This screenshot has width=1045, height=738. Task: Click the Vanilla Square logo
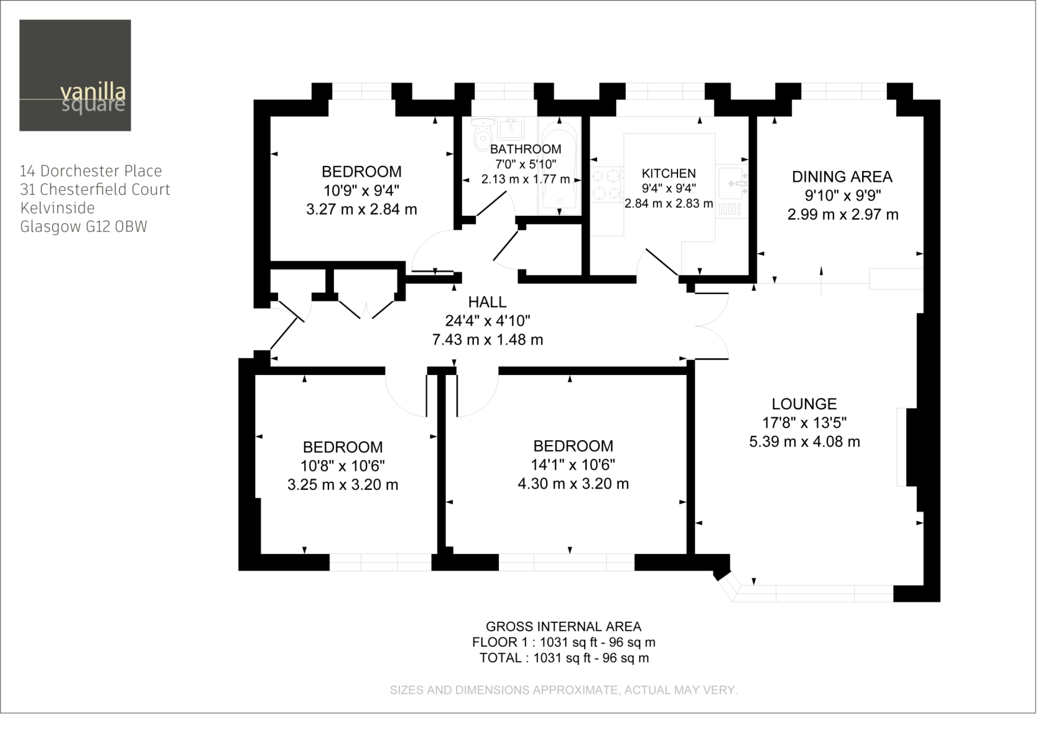tap(75, 75)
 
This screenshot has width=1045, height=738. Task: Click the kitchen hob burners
tap(606, 185)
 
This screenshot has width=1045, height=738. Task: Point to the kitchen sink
tap(731, 183)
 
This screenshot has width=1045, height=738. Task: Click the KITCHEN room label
tap(669, 173)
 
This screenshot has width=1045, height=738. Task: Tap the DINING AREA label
tap(842, 177)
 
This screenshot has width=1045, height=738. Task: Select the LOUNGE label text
tap(804, 404)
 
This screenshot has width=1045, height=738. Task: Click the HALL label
tap(487, 302)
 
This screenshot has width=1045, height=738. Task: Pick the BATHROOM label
tap(526, 149)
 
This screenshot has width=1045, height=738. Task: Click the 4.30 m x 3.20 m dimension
tap(573, 484)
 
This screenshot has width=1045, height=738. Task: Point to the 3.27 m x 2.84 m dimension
tap(361, 210)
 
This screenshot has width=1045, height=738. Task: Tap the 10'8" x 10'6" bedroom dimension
tap(343, 466)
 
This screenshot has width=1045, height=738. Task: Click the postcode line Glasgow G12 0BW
tap(83, 227)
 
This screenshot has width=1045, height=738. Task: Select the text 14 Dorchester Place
tap(91, 171)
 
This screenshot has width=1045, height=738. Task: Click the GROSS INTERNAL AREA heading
tap(563, 627)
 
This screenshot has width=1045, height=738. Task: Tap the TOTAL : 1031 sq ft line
tap(564, 658)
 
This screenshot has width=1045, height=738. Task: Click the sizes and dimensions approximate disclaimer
tap(564, 690)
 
